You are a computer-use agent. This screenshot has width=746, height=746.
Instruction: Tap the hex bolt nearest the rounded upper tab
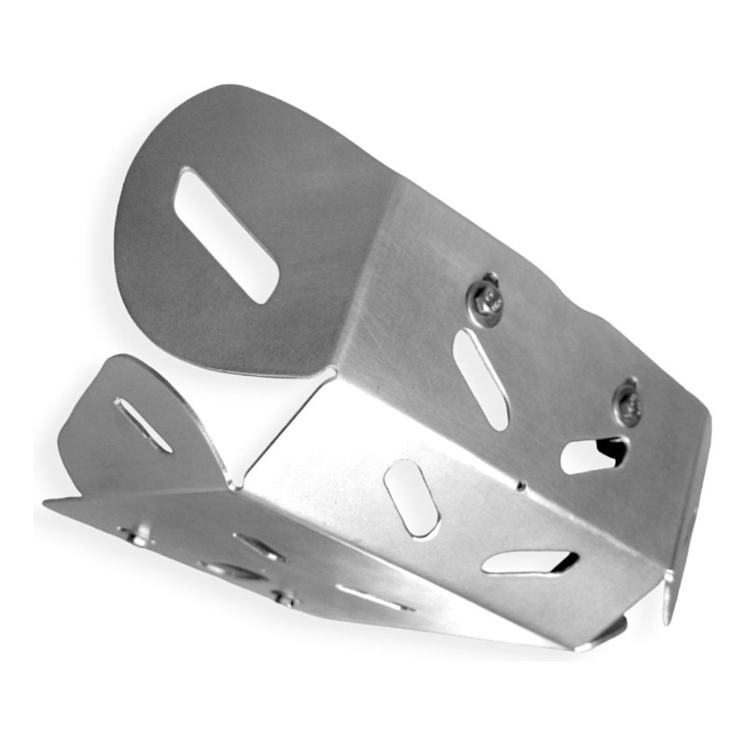click(485, 297)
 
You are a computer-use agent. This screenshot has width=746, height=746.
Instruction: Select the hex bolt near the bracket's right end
click(629, 403)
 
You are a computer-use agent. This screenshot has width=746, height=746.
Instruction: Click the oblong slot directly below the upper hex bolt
click(480, 379)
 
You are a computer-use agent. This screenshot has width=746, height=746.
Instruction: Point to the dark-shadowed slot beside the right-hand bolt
click(594, 454)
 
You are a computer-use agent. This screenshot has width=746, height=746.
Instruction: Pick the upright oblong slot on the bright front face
click(411, 497)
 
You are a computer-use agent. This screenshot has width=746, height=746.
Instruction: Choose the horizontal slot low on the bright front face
click(529, 561)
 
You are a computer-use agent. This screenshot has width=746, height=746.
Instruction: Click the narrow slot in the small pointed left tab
click(143, 425)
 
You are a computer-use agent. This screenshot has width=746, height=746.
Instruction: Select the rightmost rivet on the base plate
click(281, 598)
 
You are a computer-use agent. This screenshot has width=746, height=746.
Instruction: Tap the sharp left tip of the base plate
click(48, 503)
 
